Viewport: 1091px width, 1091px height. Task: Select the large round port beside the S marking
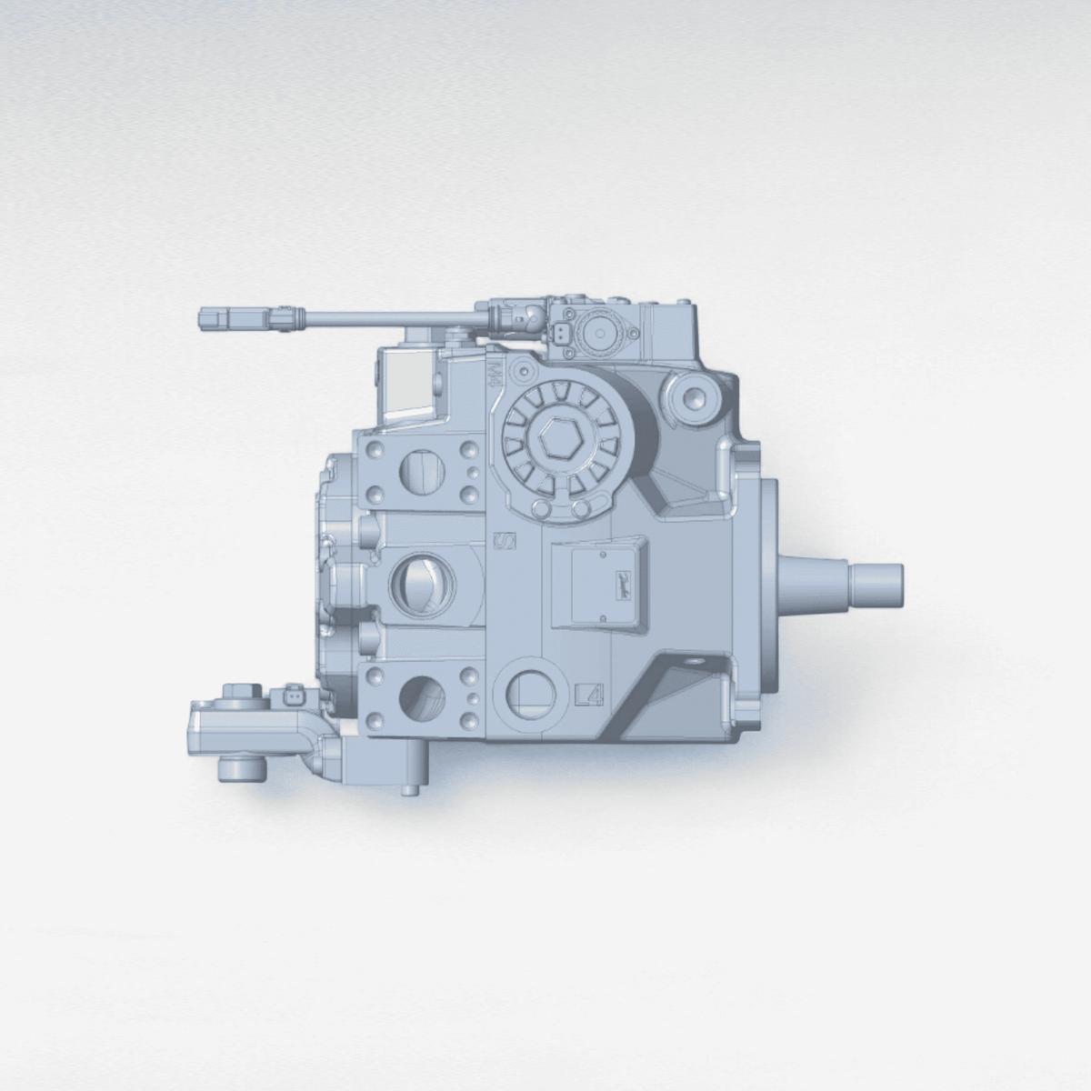tap(418, 583)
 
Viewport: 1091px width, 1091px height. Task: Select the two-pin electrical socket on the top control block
tap(564, 334)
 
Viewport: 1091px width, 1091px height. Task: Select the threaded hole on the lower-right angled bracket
tap(696, 662)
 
